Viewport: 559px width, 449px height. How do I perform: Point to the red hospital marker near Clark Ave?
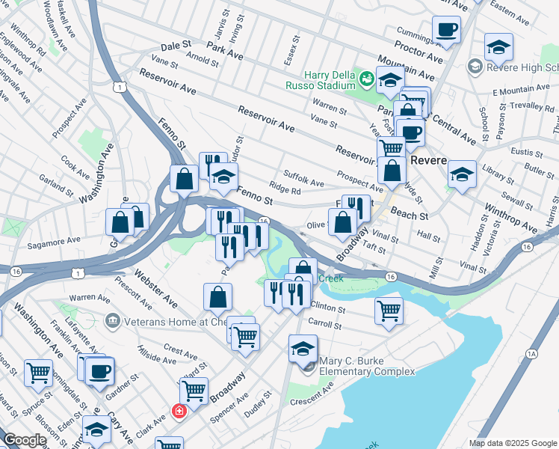click(179, 411)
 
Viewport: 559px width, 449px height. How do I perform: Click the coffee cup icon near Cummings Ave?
click(446, 30)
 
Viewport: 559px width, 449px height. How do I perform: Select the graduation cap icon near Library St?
click(463, 175)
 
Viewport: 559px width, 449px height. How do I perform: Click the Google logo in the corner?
click(24, 440)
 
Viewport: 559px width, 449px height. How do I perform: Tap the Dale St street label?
click(171, 46)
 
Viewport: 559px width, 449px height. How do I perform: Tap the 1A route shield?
click(531, 352)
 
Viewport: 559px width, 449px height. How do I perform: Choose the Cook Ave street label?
click(75, 162)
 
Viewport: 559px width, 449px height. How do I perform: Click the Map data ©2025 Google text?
click(513, 443)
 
